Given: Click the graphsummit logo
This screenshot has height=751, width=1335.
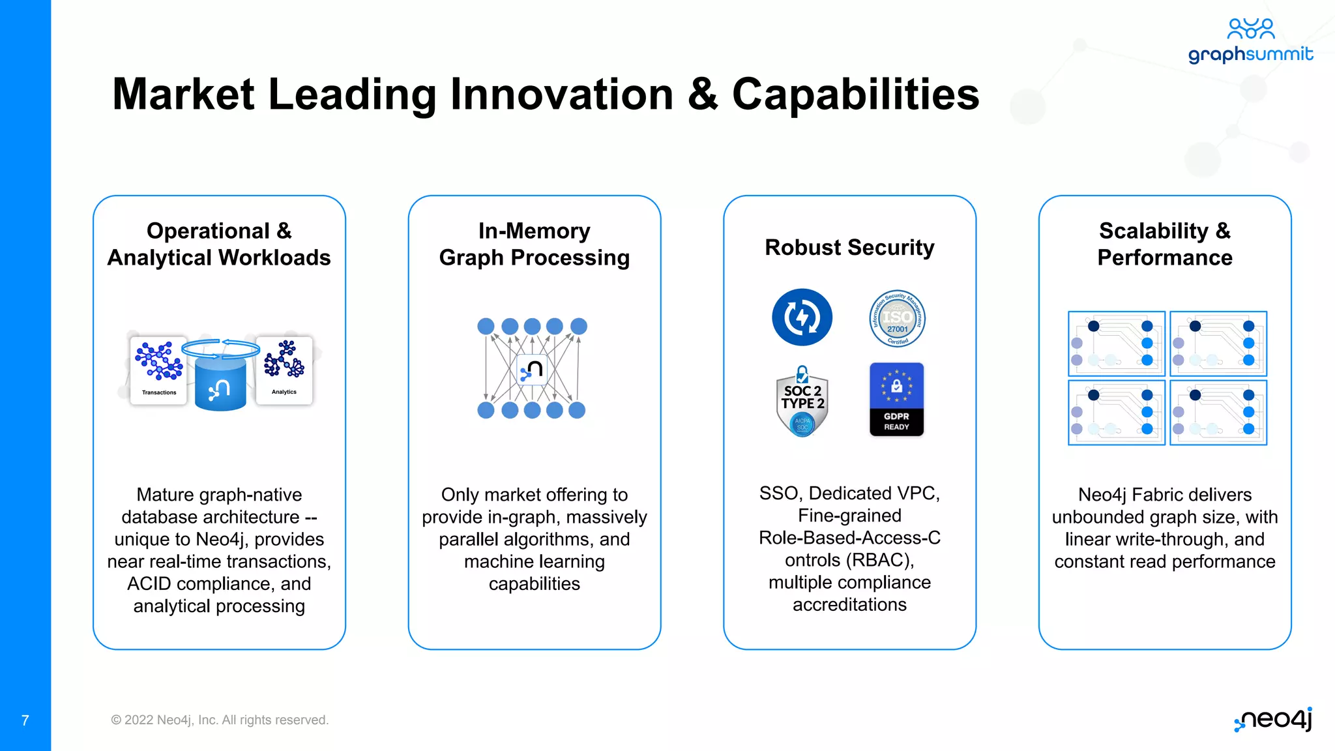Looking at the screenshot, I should pos(1250,41).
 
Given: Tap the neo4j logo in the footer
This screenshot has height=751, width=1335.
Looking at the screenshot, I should pos(1273,720).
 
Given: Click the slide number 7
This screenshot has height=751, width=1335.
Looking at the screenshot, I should pos(25,720).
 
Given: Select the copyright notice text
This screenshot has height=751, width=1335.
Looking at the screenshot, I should pos(220,720).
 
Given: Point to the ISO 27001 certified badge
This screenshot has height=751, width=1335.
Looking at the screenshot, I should pos(897,318).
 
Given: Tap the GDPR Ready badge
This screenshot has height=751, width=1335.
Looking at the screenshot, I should pos(896,399).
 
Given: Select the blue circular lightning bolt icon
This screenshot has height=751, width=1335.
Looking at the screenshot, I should pos(802,317).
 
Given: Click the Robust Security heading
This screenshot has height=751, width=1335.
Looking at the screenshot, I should pos(849,248).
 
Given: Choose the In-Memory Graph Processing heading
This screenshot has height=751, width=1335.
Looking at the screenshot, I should pos(534,244).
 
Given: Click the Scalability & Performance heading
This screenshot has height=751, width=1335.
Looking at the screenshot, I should pos(1164,244).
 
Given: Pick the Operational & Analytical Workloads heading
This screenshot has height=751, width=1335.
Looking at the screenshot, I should pos(219,244).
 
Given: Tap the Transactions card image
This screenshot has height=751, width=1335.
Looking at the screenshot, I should pos(158,370).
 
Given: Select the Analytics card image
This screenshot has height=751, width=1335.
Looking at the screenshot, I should pos(284,370).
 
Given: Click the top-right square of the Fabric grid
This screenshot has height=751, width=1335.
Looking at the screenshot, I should pos(1218,344).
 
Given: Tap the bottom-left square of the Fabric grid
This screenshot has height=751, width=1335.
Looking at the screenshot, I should pos(1116,413).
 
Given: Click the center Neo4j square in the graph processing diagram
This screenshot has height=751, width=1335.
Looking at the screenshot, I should pos(532,370).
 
